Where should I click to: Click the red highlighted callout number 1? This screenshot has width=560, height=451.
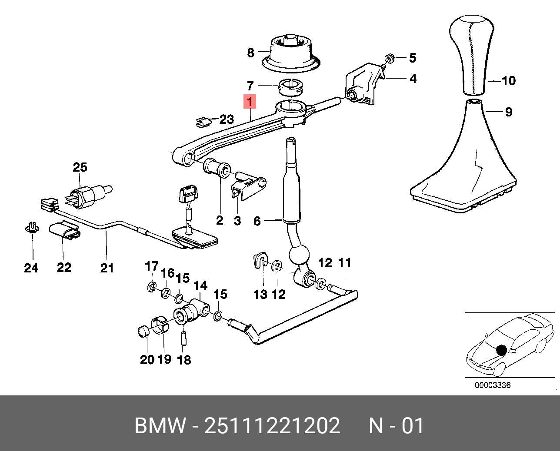(250, 102)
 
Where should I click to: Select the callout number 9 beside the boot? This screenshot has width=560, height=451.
(508, 112)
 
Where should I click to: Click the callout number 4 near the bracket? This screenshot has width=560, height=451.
(413, 79)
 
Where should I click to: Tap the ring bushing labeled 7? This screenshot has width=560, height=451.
(290, 87)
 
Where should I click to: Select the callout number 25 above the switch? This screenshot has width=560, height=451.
(80, 167)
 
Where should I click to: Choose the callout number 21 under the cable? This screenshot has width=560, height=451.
(107, 268)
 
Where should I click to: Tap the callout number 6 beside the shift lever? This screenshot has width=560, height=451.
(257, 221)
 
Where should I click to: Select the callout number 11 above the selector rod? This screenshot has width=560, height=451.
(344, 262)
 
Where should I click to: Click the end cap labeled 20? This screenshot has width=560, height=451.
(143, 331)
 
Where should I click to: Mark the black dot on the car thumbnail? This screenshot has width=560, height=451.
(502, 350)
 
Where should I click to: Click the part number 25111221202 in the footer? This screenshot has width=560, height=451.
(272, 425)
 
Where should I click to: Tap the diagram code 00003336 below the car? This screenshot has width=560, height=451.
(493, 385)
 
